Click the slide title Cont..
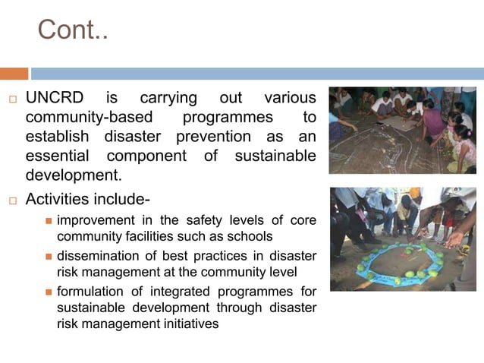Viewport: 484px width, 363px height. (73, 30)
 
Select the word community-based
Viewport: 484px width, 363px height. (90, 118)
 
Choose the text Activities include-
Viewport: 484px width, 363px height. (88, 200)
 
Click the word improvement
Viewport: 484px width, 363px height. (96, 220)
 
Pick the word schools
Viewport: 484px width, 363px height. (248, 235)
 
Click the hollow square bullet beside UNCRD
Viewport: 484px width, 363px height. (12, 99)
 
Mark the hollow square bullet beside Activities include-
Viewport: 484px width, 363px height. (12, 200)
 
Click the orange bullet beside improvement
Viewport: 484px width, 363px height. (48, 221)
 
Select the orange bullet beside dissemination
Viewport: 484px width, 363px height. (48, 257)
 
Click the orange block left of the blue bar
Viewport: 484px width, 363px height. (14, 74)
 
